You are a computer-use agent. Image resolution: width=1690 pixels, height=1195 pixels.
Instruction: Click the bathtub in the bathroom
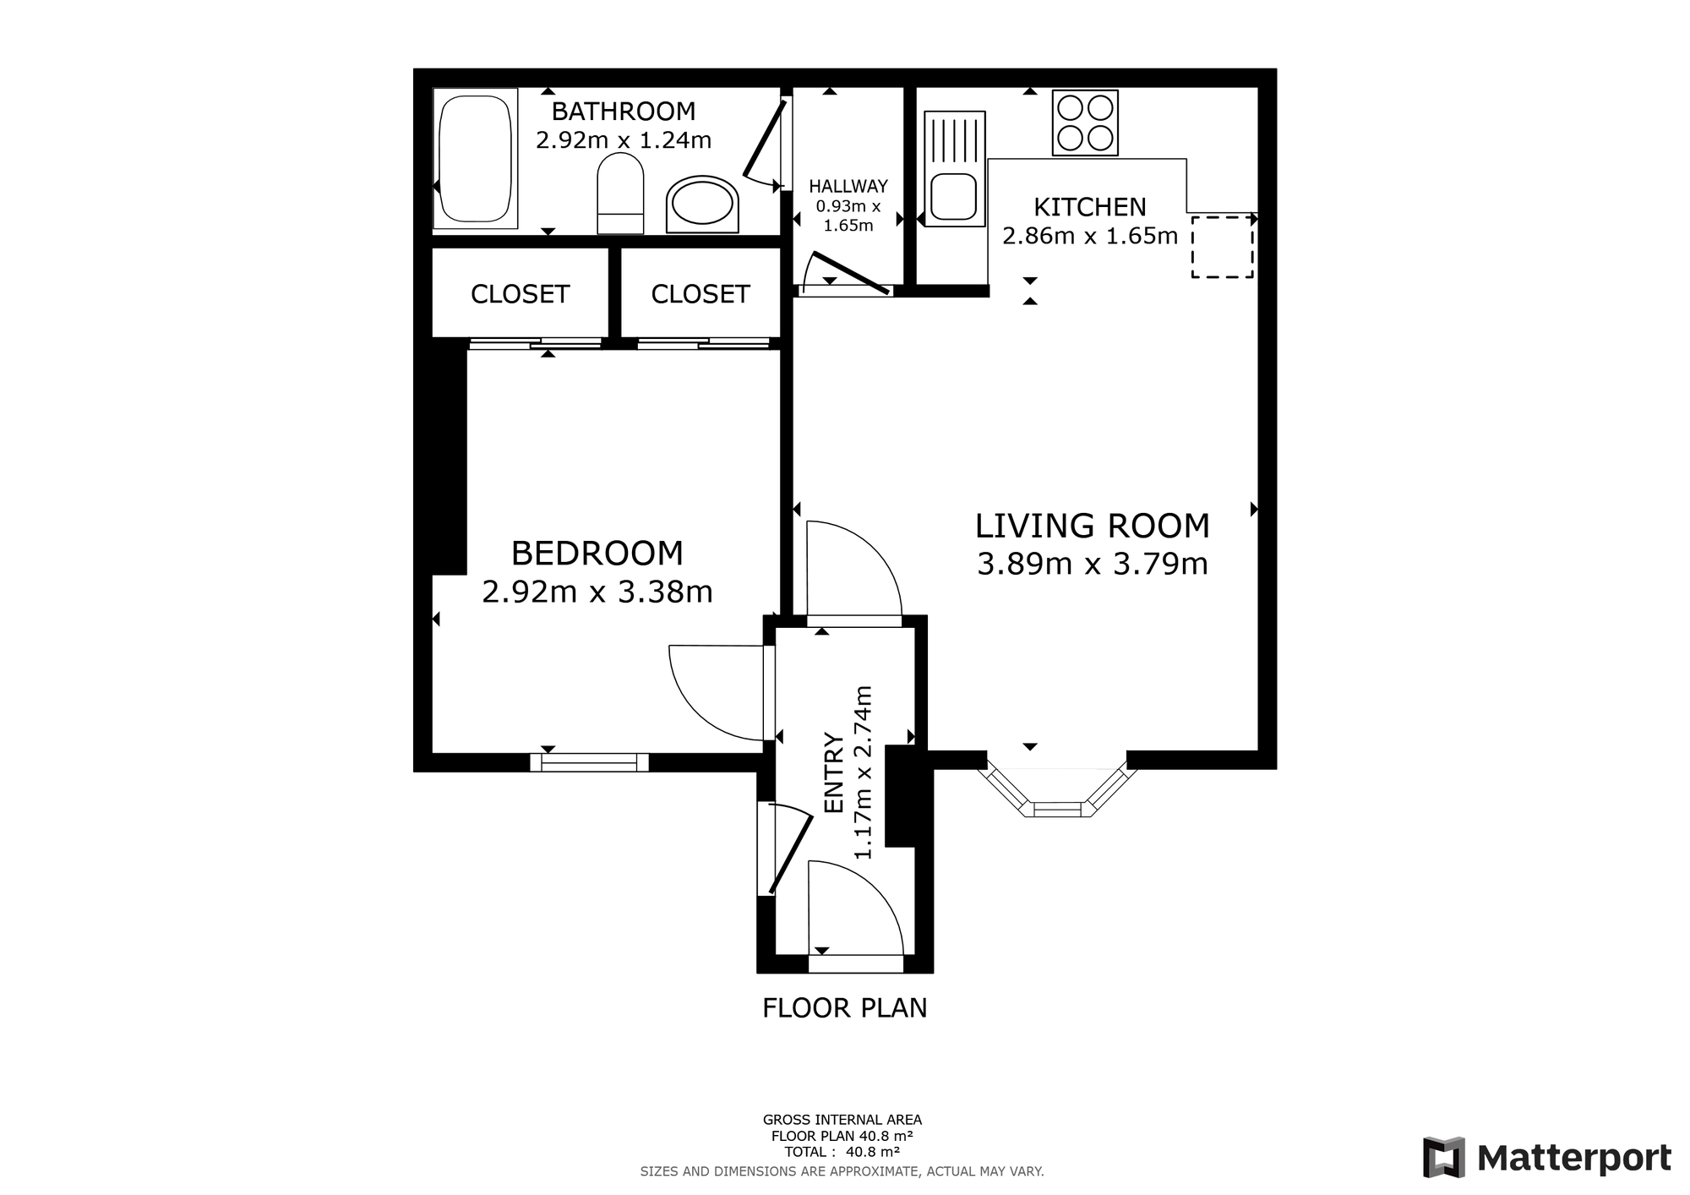click(475, 158)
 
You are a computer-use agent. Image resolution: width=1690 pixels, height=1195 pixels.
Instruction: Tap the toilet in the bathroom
click(620, 194)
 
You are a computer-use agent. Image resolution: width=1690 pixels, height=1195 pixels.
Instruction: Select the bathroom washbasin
click(702, 205)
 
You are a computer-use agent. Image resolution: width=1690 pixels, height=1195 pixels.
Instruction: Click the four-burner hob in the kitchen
click(1085, 123)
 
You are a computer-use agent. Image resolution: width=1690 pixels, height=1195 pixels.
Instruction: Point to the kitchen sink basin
click(954, 197)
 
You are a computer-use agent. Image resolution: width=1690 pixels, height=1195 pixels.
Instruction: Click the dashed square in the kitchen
click(1222, 247)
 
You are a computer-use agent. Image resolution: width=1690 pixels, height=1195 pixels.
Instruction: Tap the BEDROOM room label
click(597, 554)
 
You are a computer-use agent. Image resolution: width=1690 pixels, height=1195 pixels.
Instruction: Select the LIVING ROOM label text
click(1093, 526)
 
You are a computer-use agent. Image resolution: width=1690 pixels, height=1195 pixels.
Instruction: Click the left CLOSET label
click(520, 294)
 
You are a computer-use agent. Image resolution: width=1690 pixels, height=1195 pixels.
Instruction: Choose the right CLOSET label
click(701, 294)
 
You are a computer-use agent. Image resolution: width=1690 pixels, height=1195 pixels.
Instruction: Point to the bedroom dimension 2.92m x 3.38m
click(597, 592)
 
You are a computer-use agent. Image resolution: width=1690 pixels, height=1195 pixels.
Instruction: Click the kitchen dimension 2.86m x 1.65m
click(1090, 236)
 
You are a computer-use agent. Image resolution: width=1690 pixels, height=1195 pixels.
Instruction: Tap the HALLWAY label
click(848, 186)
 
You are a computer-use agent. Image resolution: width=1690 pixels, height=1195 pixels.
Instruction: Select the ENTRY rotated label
click(834, 773)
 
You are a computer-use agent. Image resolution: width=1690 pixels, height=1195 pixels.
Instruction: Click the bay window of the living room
click(1056, 792)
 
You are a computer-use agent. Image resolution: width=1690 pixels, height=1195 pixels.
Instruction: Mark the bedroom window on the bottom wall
click(590, 762)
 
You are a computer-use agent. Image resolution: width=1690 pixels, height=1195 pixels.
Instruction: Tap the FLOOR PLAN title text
click(845, 1008)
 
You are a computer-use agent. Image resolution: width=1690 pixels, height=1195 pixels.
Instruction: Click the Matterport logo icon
click(1443, 1157)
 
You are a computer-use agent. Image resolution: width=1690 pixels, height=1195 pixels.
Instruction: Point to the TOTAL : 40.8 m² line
click(842, 1151)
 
